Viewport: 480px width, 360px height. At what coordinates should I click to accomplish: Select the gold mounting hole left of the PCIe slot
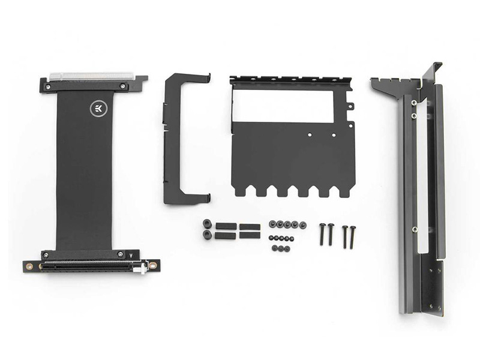point(29,266)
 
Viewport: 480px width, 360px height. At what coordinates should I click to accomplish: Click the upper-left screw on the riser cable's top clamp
point(48,87)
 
